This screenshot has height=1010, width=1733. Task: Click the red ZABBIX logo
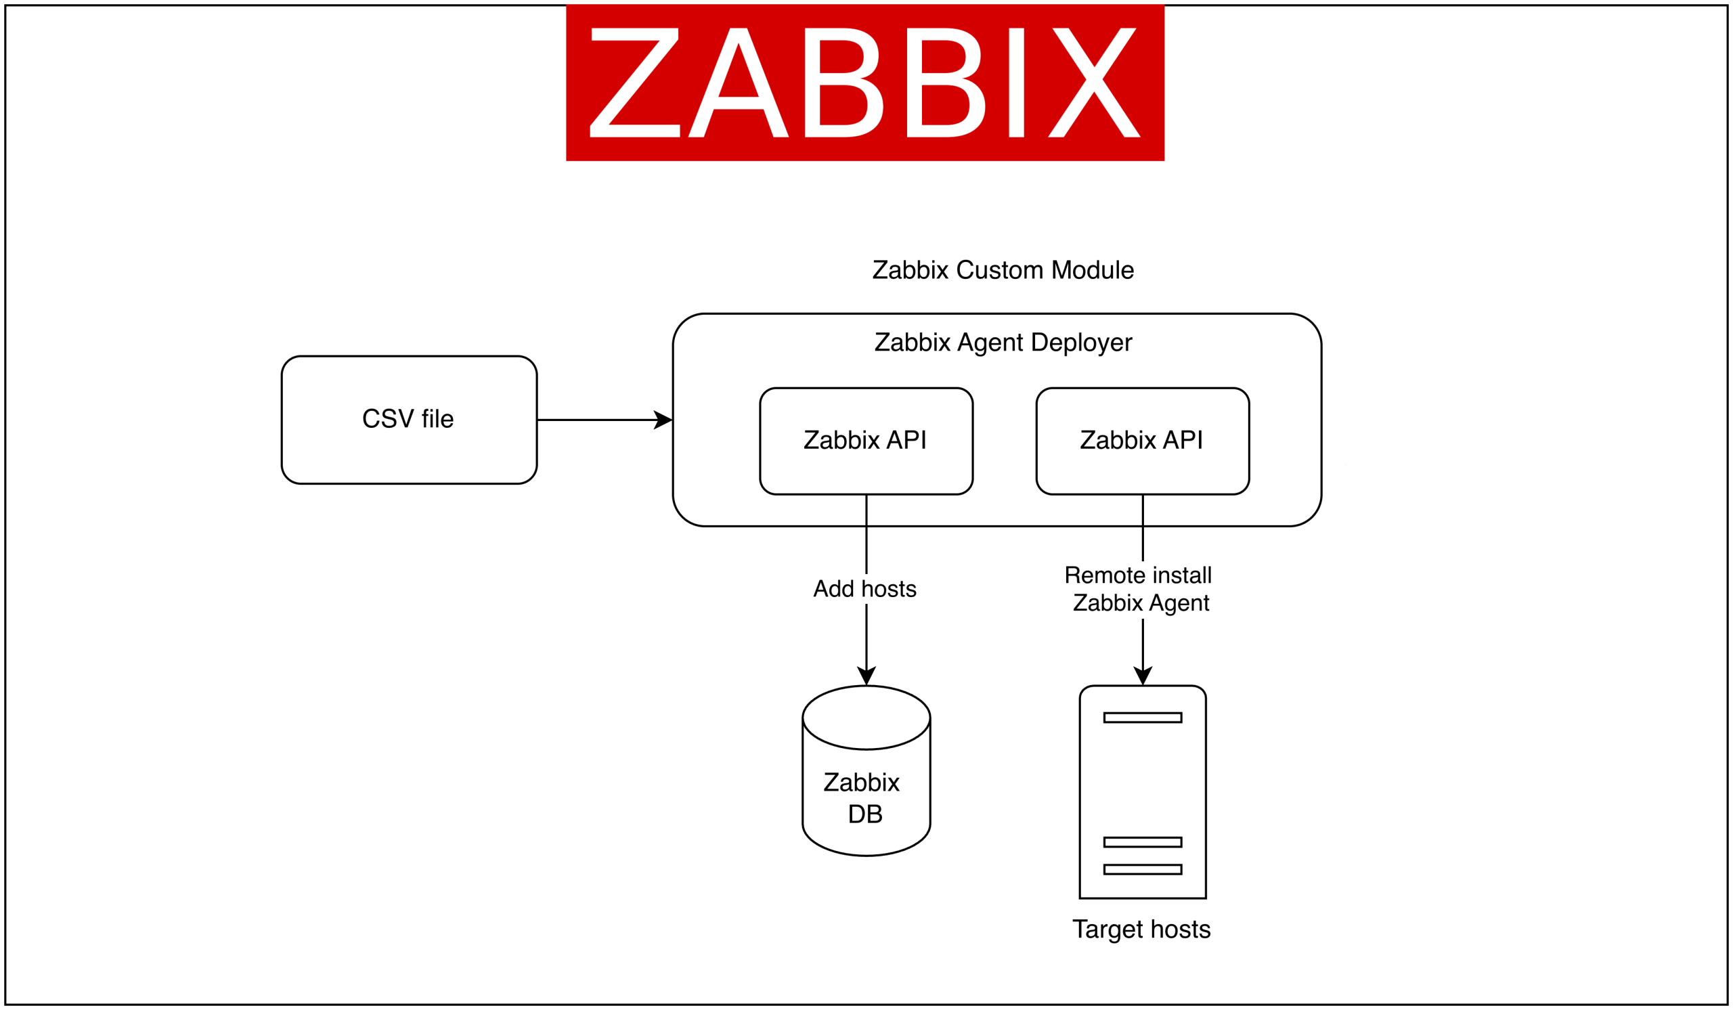[864, 83]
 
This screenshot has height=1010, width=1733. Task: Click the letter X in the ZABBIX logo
[1093, 83]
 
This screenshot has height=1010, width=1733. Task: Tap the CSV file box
[408, 420]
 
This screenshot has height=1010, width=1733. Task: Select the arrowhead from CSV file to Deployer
[663, 420]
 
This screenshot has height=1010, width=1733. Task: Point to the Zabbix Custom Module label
[1003, 270]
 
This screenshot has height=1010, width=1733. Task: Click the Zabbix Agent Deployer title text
[1003, 343]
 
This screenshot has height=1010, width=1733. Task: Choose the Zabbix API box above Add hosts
[866, 441]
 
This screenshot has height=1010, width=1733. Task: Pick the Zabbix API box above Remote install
[1142, 441]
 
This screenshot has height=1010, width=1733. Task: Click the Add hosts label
[864, 589]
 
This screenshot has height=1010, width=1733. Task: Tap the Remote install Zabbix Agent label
[1139, 589]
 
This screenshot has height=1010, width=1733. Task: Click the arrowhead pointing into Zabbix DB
[866, 675]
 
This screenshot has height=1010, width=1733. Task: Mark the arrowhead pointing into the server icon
[1142, 675]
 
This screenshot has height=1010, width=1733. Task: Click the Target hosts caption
[1141, 929]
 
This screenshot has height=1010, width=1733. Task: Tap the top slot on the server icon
[1142, 718]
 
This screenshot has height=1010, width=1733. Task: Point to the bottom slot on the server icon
[1142, 870]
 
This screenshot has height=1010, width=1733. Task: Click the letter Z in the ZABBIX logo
[634, 83]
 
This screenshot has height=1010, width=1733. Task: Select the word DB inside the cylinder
[865, 814]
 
